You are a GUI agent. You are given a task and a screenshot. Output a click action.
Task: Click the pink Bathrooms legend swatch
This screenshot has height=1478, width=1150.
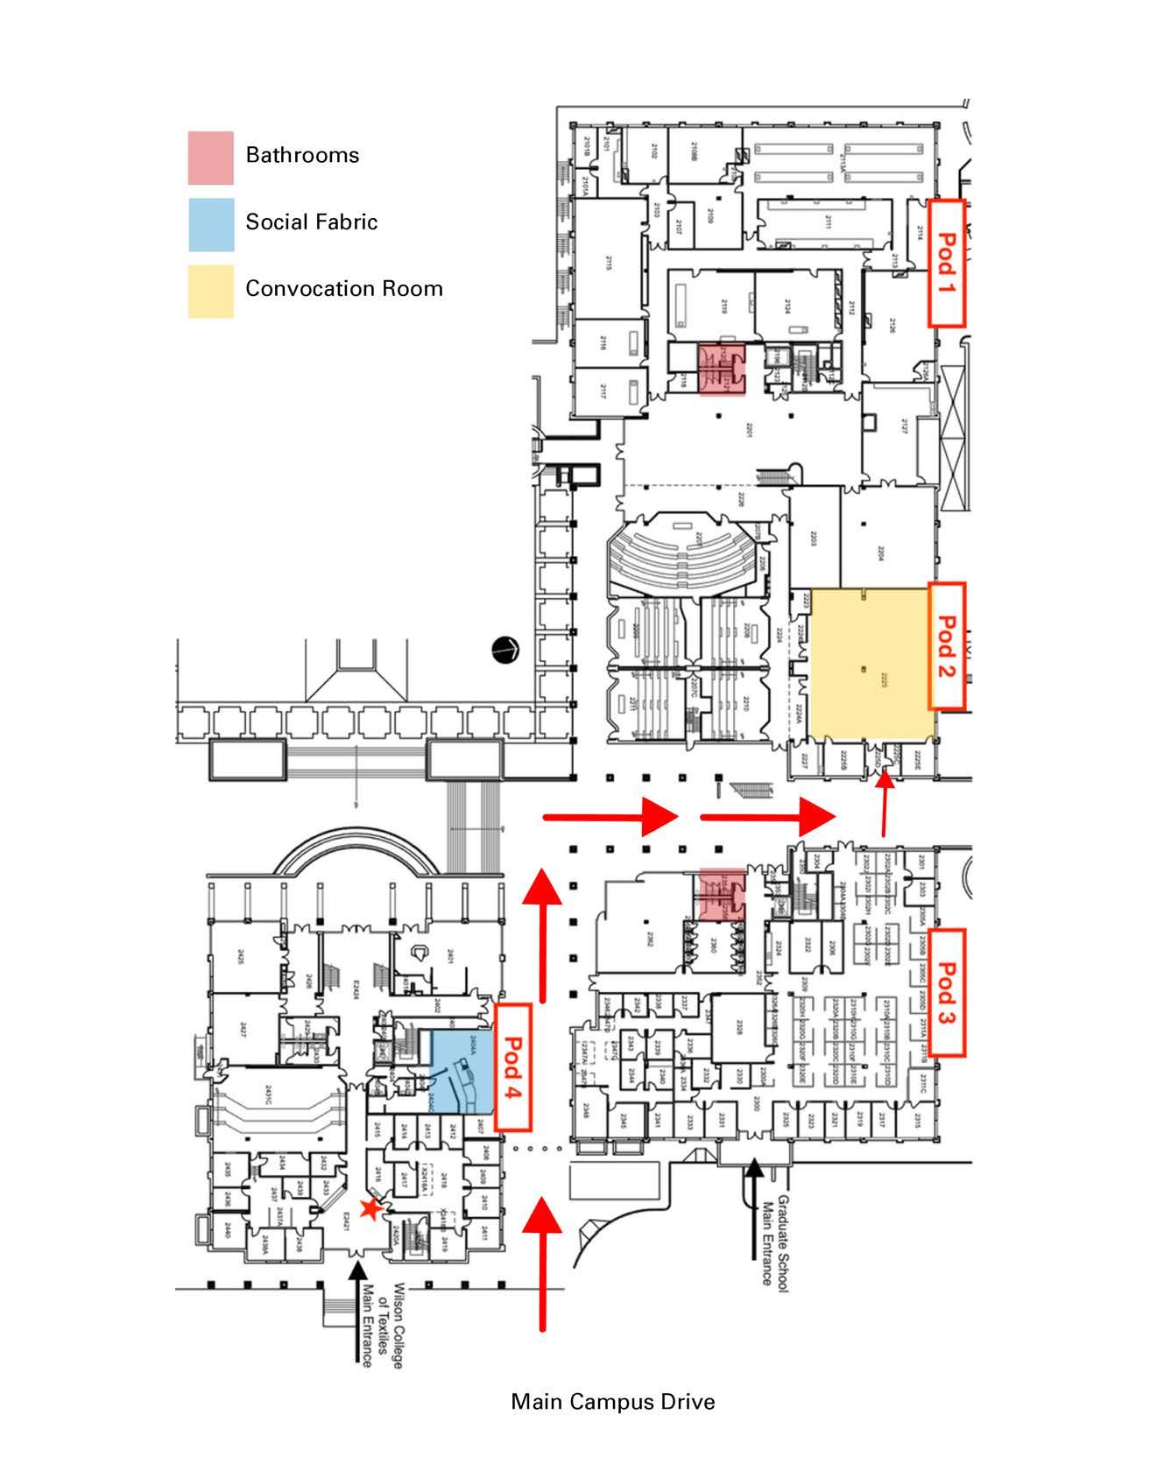(210, 158)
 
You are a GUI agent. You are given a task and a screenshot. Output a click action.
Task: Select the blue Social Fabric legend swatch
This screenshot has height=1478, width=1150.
(210, 224)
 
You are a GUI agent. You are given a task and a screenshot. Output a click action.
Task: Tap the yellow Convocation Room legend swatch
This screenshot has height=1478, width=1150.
(210, 291)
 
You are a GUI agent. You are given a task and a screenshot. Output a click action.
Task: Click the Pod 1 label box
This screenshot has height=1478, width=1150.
(946, 263)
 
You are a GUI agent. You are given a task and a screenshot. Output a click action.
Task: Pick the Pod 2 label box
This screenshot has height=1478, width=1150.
(946, 646)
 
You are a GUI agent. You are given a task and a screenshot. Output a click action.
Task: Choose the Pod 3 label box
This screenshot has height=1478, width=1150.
(946, 992)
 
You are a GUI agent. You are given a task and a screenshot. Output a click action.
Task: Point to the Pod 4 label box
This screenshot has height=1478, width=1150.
(513, 1067)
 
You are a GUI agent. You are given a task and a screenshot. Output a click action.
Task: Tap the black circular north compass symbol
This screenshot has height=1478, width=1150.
(506, 649)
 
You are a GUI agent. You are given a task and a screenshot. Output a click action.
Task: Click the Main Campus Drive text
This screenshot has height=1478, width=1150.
(612, 1402)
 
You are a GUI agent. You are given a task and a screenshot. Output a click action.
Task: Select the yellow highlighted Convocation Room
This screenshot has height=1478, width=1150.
(869, 665)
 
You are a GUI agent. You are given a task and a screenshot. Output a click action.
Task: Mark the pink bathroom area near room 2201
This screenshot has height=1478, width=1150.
(723, 369)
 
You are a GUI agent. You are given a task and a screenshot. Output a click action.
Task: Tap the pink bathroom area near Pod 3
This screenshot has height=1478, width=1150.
(723, 894)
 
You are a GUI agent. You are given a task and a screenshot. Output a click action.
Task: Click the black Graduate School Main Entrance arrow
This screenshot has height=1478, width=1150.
(754, 1208)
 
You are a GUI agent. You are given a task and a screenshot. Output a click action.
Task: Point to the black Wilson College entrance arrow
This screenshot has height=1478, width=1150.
(356, 1310)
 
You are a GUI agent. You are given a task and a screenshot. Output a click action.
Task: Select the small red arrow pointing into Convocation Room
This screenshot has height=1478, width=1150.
(885, 801)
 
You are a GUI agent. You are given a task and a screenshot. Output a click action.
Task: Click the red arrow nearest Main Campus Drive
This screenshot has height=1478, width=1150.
(544, 1261)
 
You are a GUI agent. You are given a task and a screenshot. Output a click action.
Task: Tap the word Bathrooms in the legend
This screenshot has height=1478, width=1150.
(302, 156)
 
